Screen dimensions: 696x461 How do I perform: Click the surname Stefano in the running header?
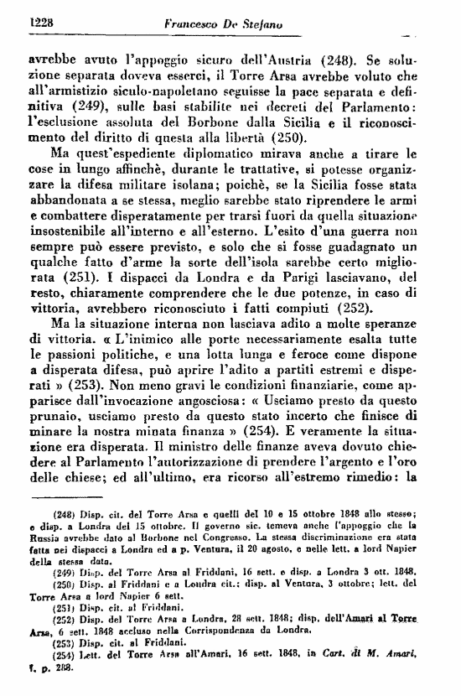256,24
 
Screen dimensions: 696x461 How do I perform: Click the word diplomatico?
241,155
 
